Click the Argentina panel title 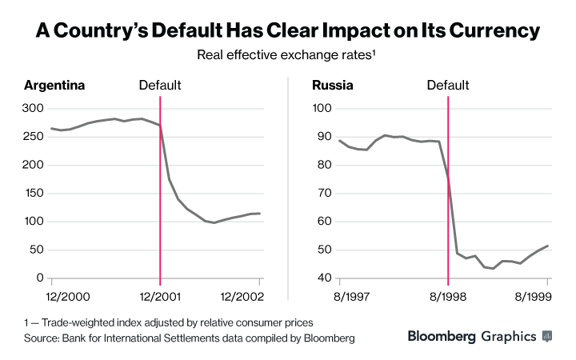tap(54, 85)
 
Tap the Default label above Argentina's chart tap(160, 85)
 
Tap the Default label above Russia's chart tap(448, 85)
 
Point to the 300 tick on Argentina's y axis tap(34, 108)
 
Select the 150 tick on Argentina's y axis tap(34, 193)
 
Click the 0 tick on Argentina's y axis tap(39, 278)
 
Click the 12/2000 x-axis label tap(52, 295)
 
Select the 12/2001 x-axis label tap(160, 295)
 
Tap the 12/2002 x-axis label tap(259, 295)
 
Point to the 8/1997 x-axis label tap(340, 295)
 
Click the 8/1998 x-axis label tap(448, 295)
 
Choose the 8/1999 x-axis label tap(547, 295)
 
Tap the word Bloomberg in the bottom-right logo tap(442, 337)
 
